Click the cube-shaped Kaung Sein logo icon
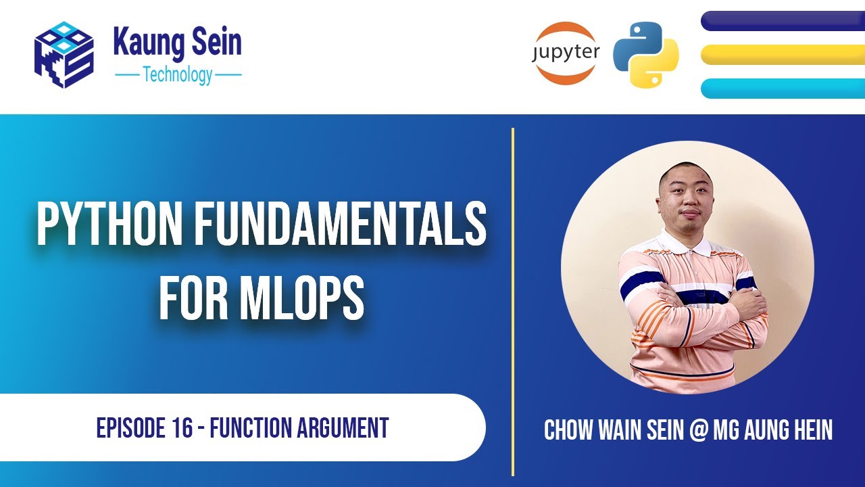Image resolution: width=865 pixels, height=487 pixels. point(64,55)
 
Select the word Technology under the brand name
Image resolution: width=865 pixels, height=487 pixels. point(178,74)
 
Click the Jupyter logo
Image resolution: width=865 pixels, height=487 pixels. point(566,53)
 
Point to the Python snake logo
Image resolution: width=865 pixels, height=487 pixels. point(645,55)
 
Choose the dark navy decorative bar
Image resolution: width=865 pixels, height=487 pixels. point(783,21)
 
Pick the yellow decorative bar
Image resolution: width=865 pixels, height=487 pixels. point(783,55)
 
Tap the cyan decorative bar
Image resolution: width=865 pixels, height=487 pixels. point(783,88)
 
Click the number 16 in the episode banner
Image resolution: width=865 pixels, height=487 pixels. point(182,427)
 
